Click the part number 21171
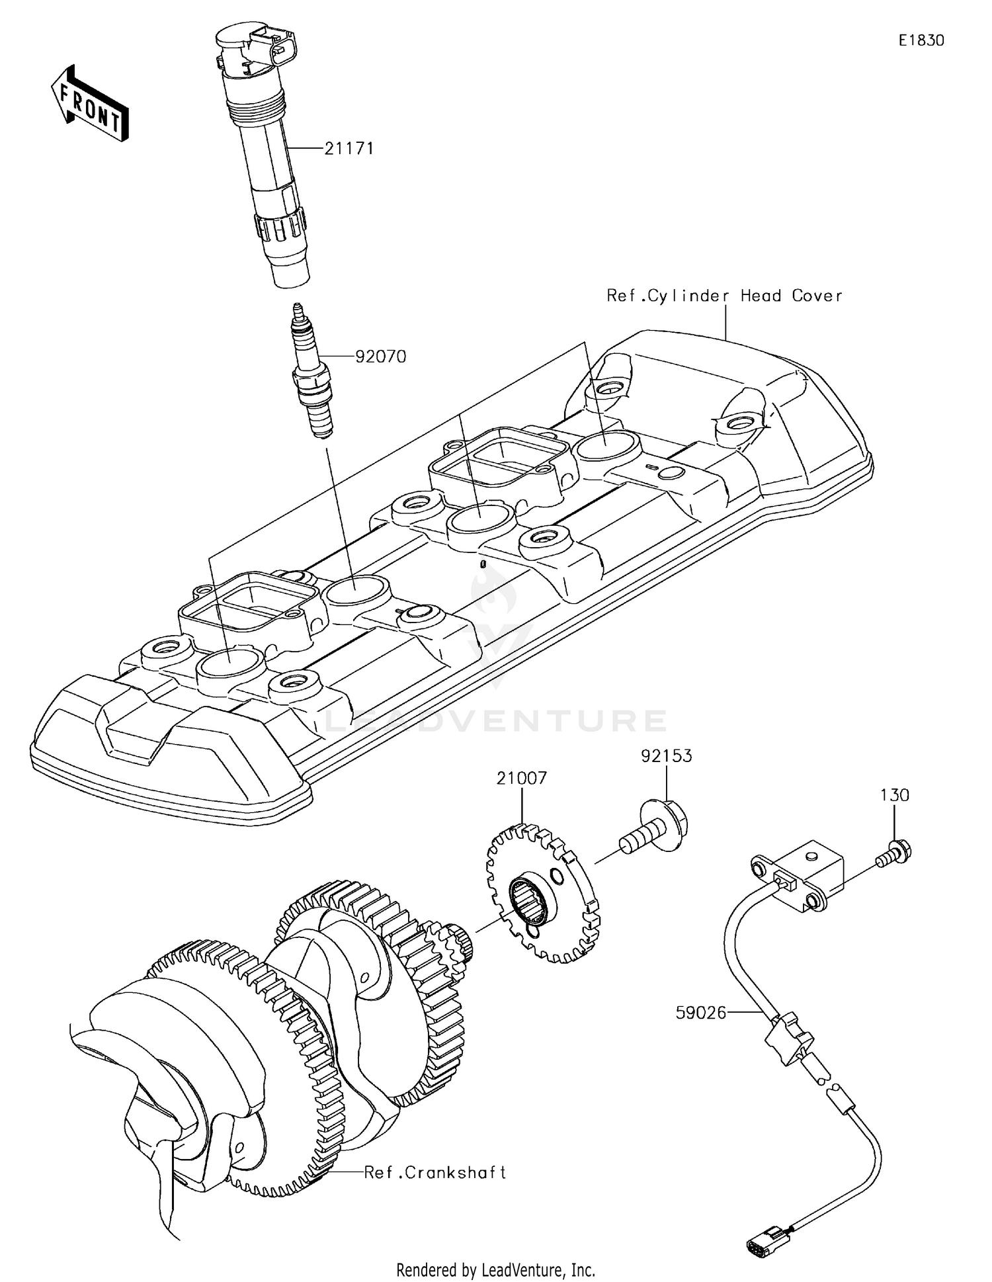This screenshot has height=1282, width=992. point(349,149)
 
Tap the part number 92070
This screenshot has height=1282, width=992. point(380,357)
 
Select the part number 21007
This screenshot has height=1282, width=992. point(522,778)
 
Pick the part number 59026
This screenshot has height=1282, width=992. point(700,1012)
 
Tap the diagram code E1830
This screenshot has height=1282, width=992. point(921,40)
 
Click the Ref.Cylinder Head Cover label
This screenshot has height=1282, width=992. point(724,296)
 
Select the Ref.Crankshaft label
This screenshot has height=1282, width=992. point(435,1172)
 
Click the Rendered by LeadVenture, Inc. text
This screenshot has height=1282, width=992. point(495,1269)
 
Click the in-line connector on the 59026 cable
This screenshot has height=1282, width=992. point(787,1038)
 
